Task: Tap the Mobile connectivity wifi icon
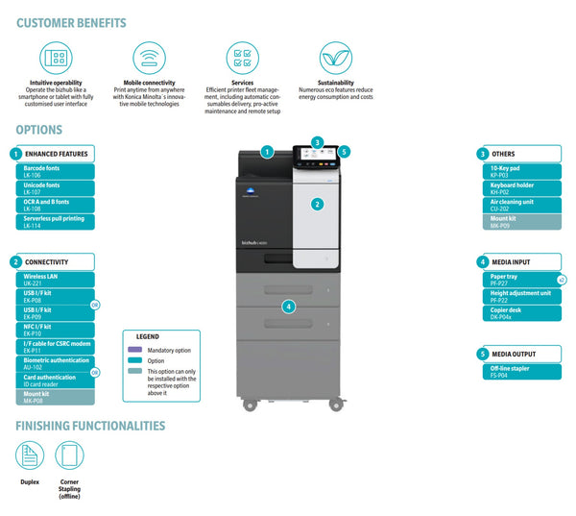(148, 58)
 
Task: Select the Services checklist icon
(242, 58)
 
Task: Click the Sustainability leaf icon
(335, 58)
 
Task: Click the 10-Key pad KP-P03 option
(524, 172)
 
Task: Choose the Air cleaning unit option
(524, 205)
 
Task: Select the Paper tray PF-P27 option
(524, 280)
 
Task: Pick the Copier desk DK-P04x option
(524, 313)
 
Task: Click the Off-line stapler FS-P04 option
(524, 370)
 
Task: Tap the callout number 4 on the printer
(288, 307)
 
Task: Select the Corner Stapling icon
(69, 455)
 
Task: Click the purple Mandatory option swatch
(135, 350)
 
